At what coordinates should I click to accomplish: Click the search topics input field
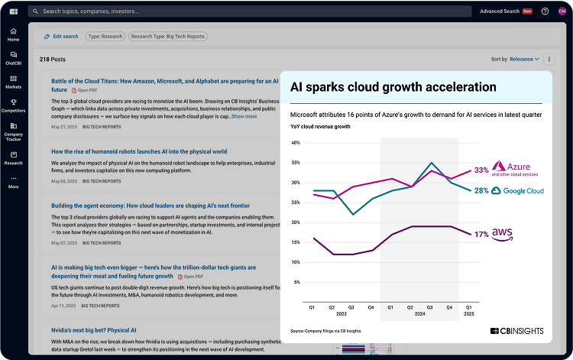(229, 11)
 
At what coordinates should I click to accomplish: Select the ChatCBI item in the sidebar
(13, 58)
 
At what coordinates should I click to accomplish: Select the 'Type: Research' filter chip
(104, 37)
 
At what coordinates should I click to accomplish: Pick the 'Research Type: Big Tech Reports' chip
(168, 37)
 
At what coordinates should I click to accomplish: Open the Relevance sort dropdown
(525, 59)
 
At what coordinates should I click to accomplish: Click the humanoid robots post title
(139, 151)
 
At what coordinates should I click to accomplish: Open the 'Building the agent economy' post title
(151, 206)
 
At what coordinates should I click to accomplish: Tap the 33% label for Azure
(481, 170)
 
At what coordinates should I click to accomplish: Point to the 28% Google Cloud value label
(481, 190)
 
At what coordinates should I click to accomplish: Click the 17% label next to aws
(481, 235)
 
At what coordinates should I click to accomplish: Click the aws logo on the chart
(502, 234)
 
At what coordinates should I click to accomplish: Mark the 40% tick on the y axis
(296, 143)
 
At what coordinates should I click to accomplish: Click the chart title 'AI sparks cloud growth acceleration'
(393, 87)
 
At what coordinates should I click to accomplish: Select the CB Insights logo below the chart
(516, 331)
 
